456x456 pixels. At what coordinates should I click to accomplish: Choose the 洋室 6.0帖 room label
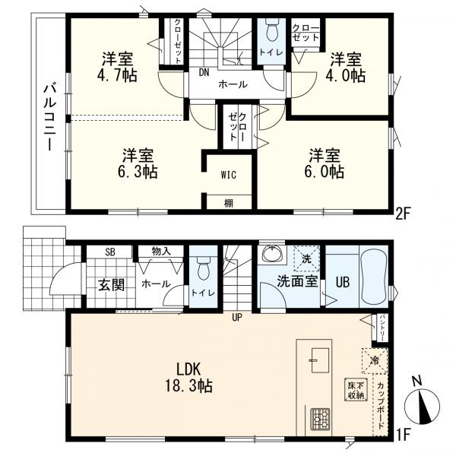click(325, 162)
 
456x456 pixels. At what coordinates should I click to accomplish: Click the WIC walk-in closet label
click(229, 175)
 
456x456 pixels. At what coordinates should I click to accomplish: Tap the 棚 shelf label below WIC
click(229, 202)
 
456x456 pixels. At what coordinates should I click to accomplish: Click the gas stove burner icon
click(319, 418)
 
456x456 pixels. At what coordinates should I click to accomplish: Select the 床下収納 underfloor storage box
click(355, 389)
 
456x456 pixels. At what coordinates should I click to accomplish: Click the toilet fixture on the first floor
click(202, 268)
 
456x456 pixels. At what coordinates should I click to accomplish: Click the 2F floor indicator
click(402, 214)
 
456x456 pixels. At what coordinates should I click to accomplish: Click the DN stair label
click(204, 74)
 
